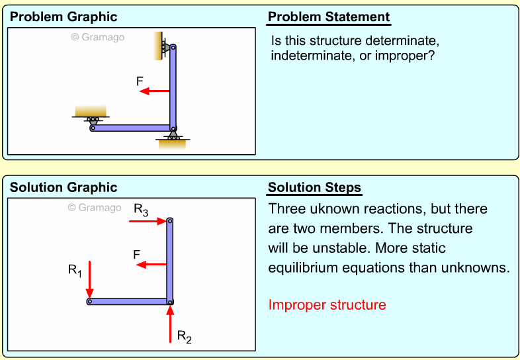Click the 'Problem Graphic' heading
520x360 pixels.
pos(64,17)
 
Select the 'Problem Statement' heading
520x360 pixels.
pos(329,17)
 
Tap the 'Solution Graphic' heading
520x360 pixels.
pos(64,188)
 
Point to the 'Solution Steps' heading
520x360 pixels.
pos(314,188)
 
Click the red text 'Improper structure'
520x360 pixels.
pos(327,305)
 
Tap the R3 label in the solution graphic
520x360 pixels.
pos(141,210)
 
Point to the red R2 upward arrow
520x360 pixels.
pos(170,324)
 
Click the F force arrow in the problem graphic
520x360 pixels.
pos(154,91)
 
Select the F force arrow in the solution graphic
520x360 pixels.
pos(151,264)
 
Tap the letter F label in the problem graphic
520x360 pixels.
pos(139,81)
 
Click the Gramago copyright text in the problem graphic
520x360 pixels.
pos(97,37)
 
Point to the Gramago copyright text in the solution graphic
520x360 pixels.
pos(95,208)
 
